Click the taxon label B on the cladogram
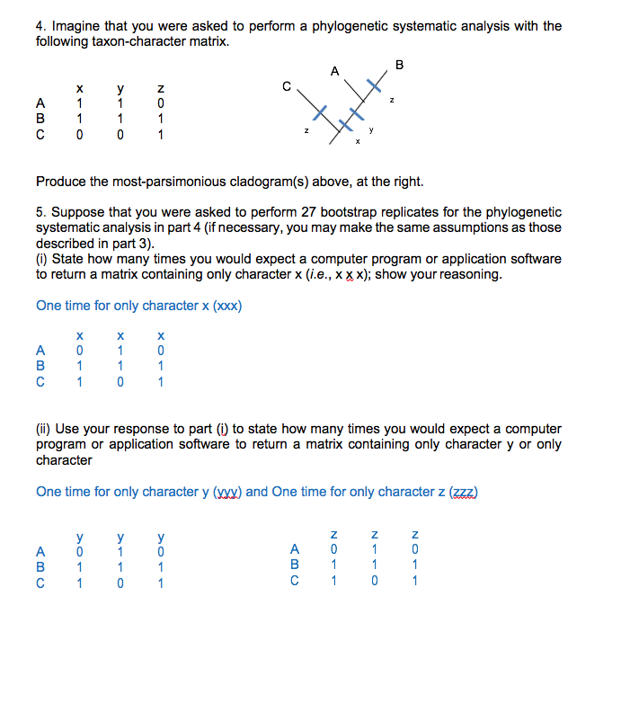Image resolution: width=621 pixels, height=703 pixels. click(400, 64)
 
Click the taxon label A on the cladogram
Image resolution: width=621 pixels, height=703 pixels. click(334, 70)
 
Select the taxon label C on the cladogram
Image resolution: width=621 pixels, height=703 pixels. click(286, 87)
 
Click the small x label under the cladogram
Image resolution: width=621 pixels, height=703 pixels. click(359, 141)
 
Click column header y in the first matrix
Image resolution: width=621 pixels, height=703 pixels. click(119, 88)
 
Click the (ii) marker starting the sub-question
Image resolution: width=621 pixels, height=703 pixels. click(45, 429)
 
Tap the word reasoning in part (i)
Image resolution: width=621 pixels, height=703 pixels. click(472, 274)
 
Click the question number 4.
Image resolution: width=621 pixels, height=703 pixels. click(40, 26)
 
